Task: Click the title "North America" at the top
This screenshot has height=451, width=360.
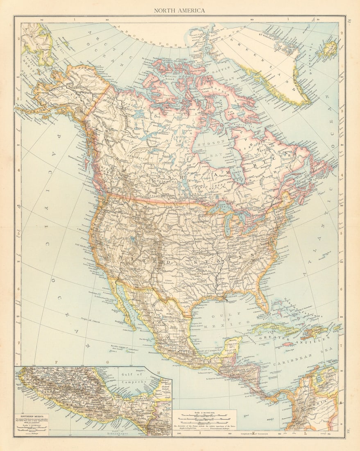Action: click(x=179, y=10)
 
